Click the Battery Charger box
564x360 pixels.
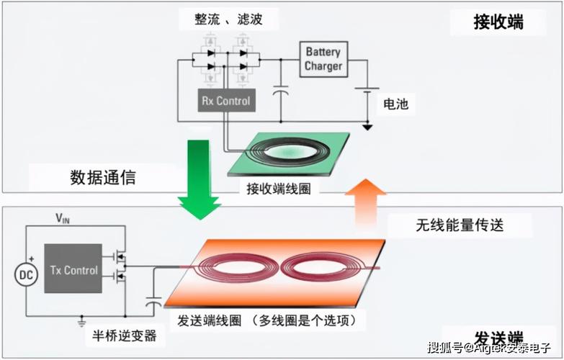pos(323,59)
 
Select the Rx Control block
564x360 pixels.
pos(225,102)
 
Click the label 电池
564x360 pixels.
pos(395,104)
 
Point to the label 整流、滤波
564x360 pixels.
pos(228,19)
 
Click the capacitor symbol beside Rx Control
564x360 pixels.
pos(282,94)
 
